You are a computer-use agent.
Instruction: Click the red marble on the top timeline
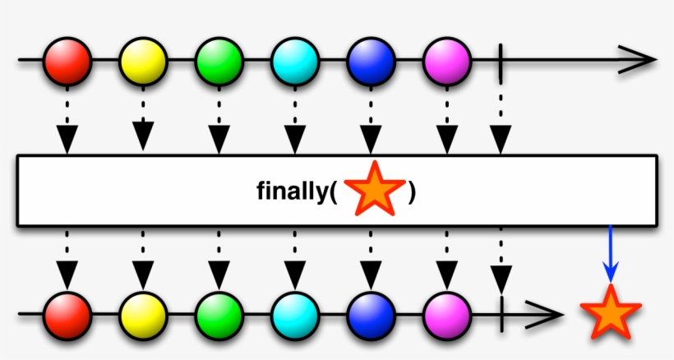tap(67, 60)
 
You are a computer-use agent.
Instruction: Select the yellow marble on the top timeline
tap(143, 60)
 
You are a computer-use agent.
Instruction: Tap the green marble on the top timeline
tap(219, 60)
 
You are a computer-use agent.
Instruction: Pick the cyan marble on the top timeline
tap(295, 60)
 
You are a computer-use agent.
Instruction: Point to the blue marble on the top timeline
tap(371, 60)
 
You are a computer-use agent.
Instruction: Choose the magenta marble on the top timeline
tap(447, 60)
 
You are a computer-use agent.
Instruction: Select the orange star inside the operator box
tap(374, 190)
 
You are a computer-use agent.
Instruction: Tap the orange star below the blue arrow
tap(609, 313)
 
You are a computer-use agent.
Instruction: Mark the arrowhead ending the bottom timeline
tap(549, 315)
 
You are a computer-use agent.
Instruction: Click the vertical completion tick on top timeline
tap(501, 60)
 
